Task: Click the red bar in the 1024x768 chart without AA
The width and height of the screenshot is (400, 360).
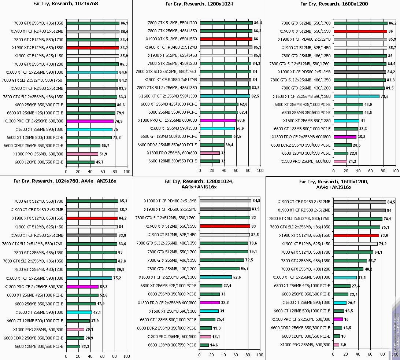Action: (x=93, y=48)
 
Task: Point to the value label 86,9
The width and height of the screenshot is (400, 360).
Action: (x=124, y=23)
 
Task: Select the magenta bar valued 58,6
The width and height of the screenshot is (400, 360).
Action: (x=218, y=120)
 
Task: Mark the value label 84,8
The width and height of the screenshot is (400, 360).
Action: (x=257, y=201)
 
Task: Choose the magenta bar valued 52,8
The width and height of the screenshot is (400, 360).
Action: (x=82, y=287)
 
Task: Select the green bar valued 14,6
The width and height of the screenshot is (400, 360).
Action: (x=204, y=345)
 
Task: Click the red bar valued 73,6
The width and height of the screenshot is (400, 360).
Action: (x=356, y=235)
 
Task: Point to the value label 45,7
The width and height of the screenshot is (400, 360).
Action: (x=100, y=162)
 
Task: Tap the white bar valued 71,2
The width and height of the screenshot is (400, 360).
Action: (x=355, y=244)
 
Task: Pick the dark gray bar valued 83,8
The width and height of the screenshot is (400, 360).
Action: (x=92, y=235)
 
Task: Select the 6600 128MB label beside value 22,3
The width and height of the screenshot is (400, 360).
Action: (x=39, y=346)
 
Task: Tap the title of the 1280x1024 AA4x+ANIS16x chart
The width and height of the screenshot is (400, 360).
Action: (x=199, y=184)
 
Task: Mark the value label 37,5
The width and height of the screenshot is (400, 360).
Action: (x=362, y=278)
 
